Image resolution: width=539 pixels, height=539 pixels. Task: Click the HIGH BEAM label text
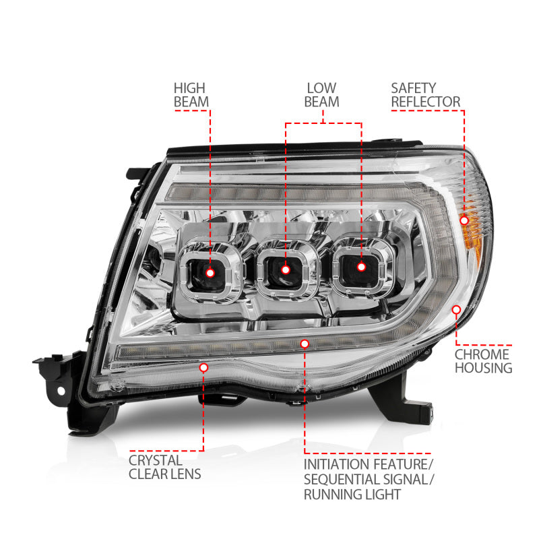pos(191,94)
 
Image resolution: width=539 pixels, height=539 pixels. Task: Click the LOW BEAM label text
pos(321,94)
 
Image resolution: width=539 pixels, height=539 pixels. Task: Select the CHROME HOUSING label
pos(483,361)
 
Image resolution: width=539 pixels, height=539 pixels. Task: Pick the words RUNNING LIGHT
pos(352,495)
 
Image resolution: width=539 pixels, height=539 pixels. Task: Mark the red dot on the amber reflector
pos(464,220)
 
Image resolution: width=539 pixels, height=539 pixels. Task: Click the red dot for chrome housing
pos(457,309)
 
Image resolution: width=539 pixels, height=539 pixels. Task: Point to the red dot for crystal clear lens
pos(203,367)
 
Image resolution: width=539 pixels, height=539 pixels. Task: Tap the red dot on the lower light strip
pos(305,344)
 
